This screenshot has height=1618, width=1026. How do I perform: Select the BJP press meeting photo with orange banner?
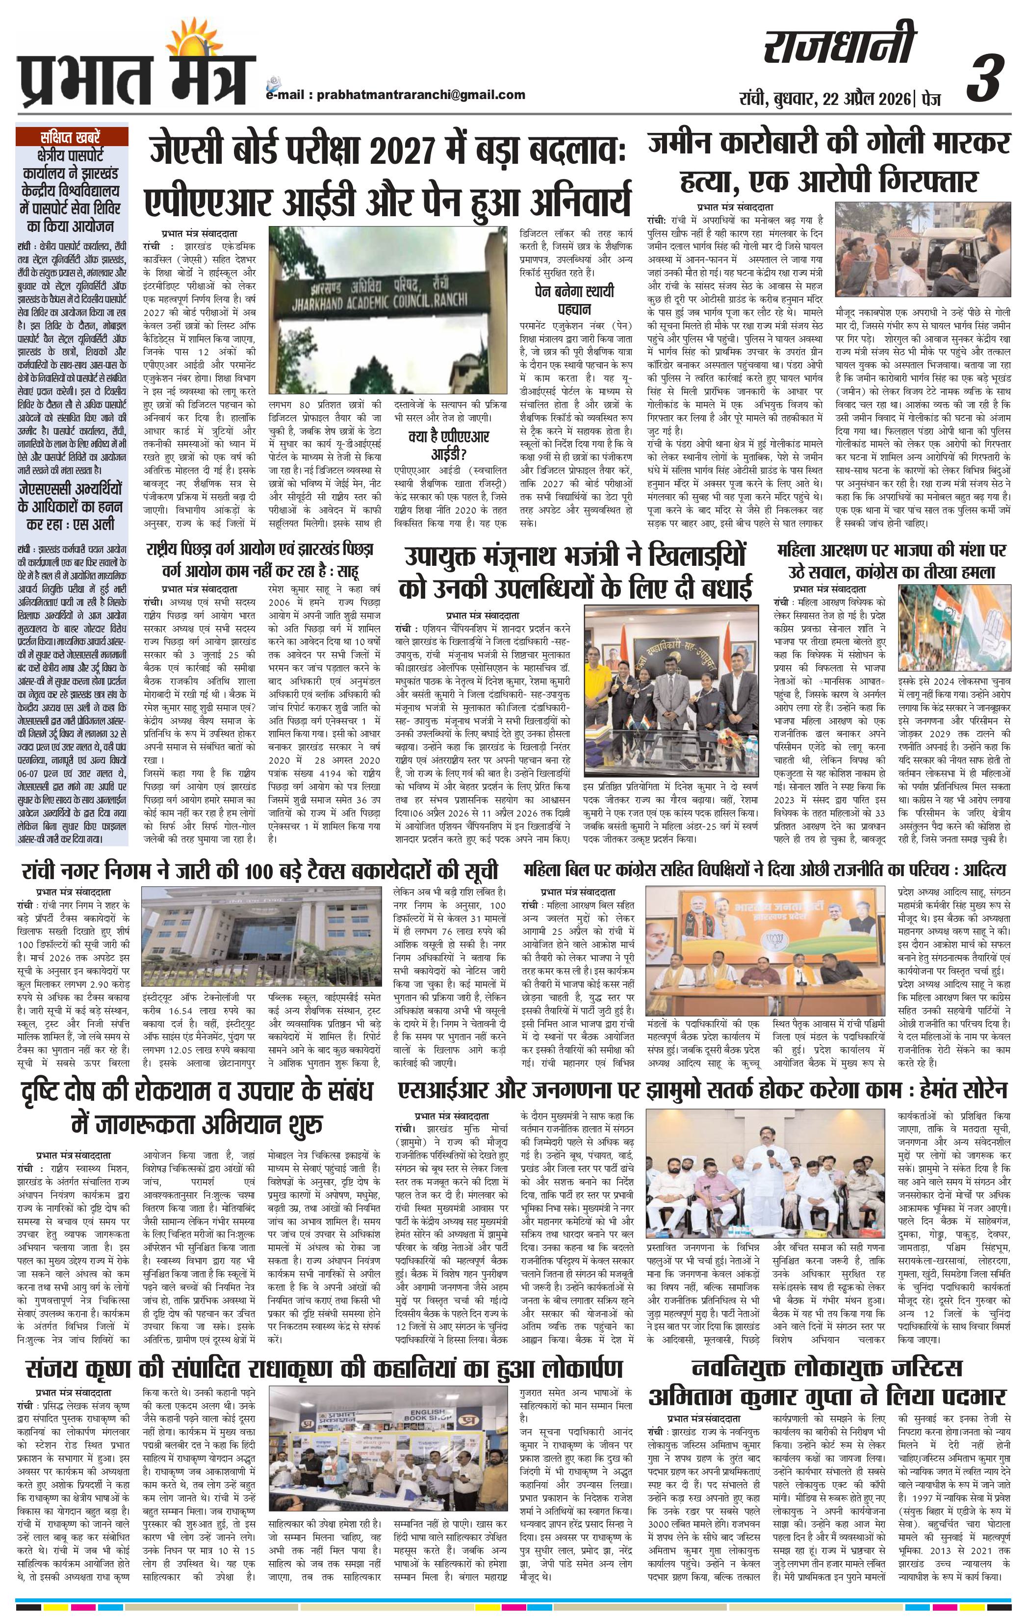pos(767,950)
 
